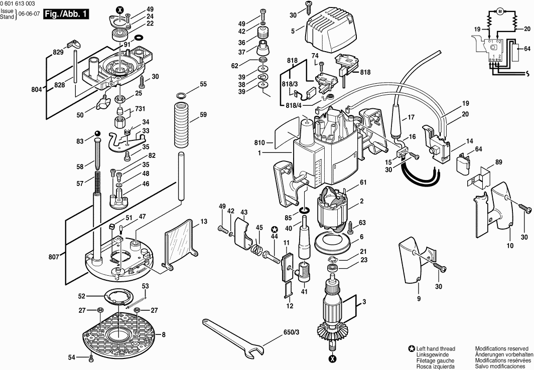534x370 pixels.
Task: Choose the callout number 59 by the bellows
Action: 203,115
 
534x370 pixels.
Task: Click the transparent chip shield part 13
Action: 180,243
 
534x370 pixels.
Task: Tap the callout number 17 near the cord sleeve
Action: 411,118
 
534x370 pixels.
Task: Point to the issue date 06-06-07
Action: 28,14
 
